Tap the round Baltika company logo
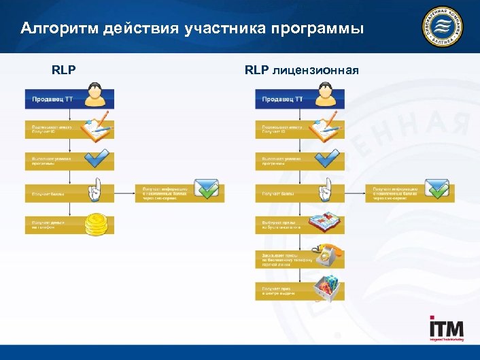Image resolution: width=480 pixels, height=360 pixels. coord(443,31)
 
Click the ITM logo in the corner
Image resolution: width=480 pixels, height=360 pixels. coord(446,329)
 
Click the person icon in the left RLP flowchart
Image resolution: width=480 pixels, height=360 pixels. coord(96,95)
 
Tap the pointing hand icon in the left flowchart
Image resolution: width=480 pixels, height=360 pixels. coord(97,191)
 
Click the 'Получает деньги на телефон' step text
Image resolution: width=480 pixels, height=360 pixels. coord(48,225)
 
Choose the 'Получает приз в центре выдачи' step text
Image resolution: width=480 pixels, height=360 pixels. coord(279,291)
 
